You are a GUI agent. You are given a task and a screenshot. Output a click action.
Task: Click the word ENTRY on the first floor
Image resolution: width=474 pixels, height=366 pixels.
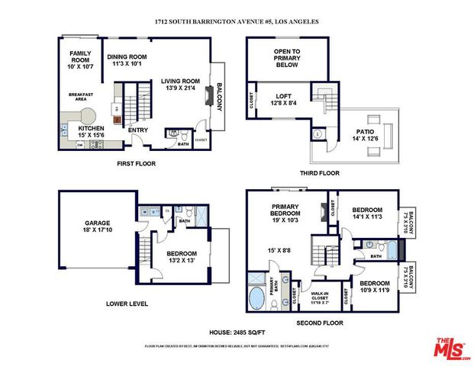(x=138, y=130)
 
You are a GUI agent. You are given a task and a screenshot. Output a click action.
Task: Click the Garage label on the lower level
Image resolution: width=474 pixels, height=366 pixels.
(x=97, y=223)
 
